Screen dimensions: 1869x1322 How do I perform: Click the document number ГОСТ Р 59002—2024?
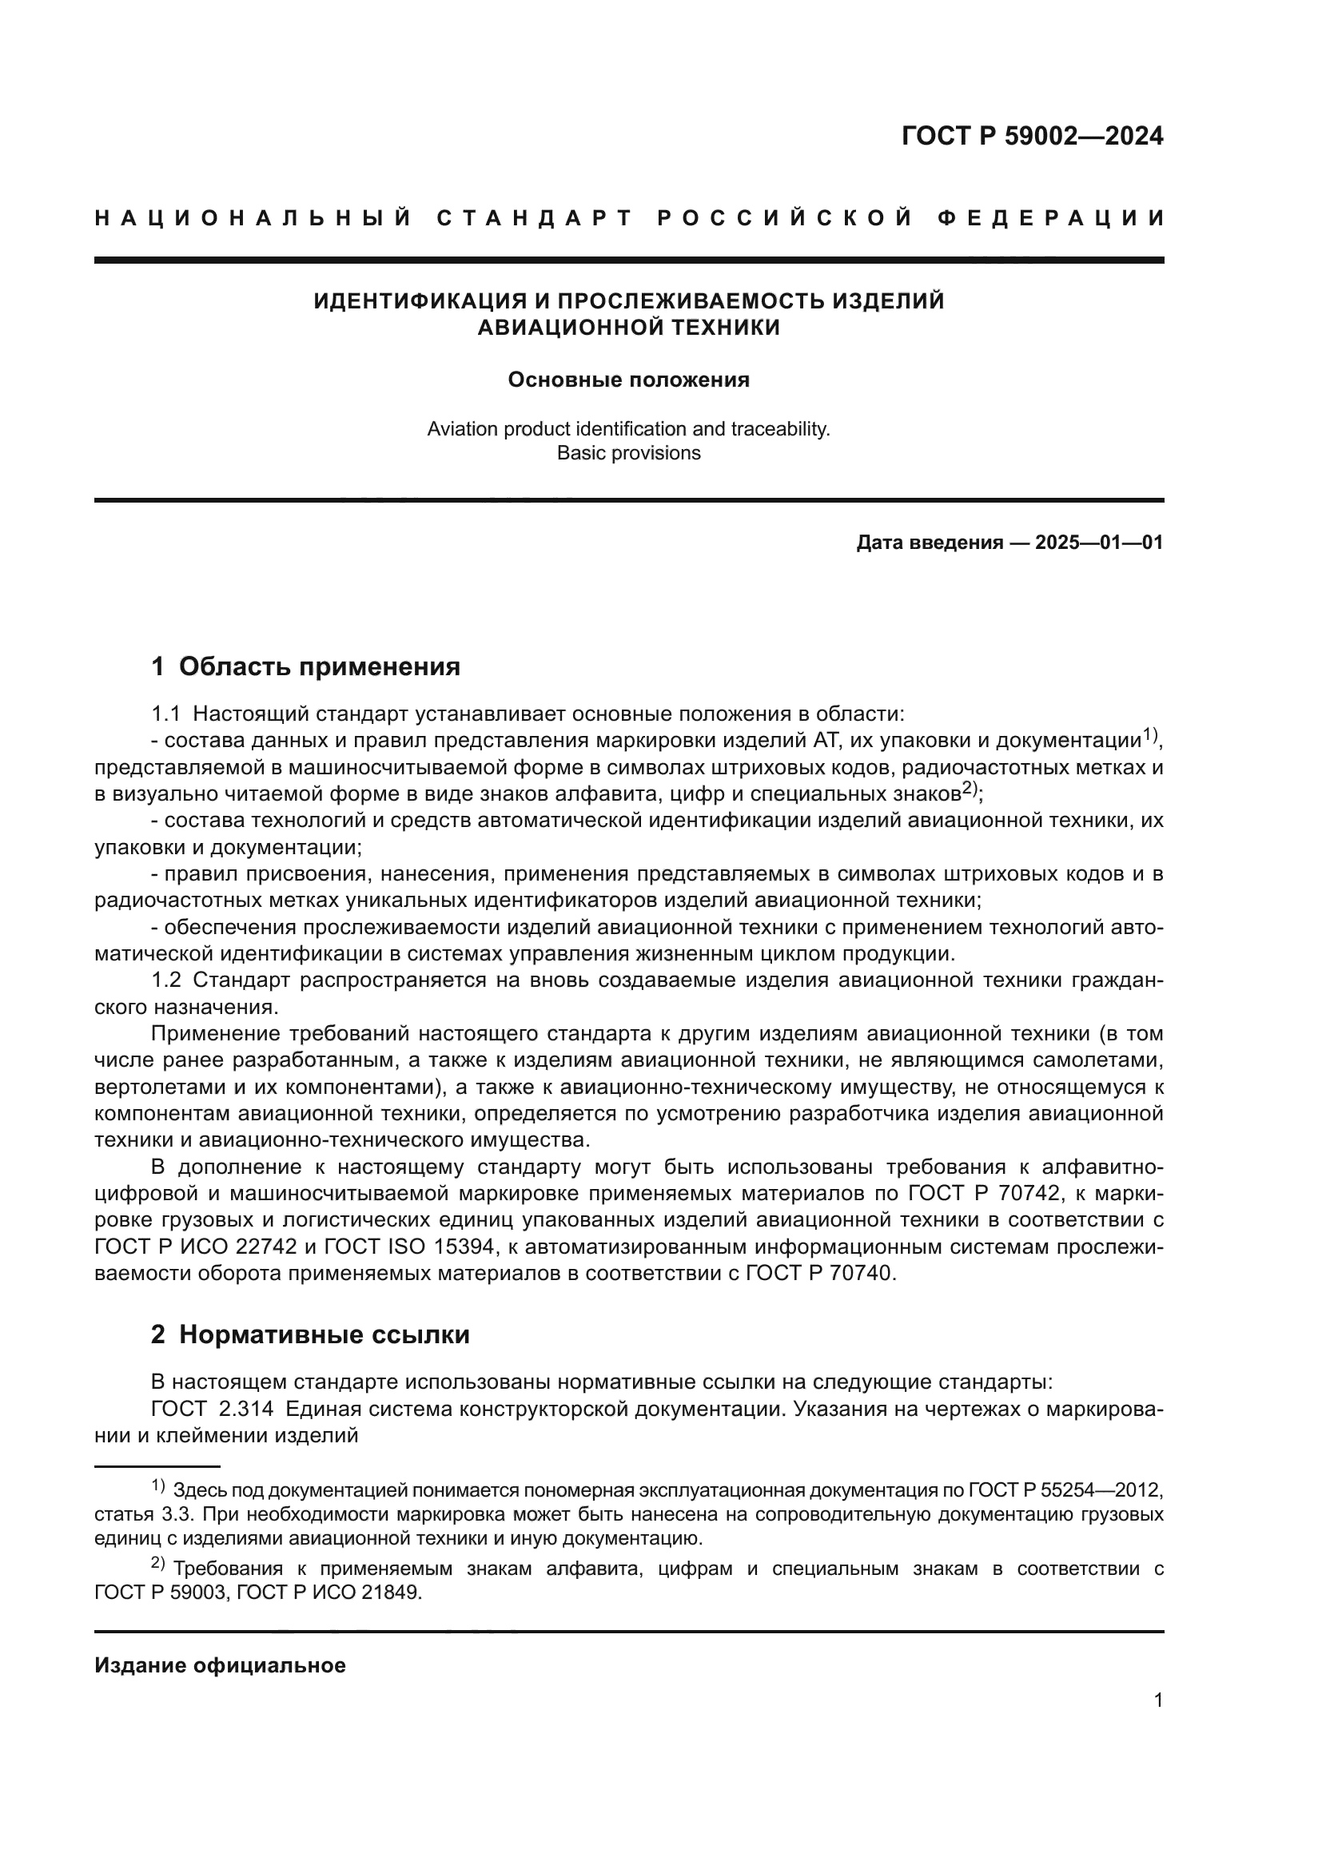[x=1031, y=136]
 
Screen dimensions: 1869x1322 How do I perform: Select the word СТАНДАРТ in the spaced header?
[x=535, y=218]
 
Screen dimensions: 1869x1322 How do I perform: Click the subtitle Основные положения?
[x=628, y=380]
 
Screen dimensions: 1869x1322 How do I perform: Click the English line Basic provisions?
[x=628, y=453]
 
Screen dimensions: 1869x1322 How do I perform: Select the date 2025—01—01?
[x=1099, y=542]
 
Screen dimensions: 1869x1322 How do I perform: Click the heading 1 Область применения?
[x=306, y=666]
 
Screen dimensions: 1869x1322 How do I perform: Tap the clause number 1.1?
[x=165, y=714]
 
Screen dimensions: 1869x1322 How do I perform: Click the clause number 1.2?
[x=165, y=980]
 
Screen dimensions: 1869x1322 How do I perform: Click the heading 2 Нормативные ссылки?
[x=310, y=1335]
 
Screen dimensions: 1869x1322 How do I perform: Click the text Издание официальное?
[x=220, y=1665]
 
